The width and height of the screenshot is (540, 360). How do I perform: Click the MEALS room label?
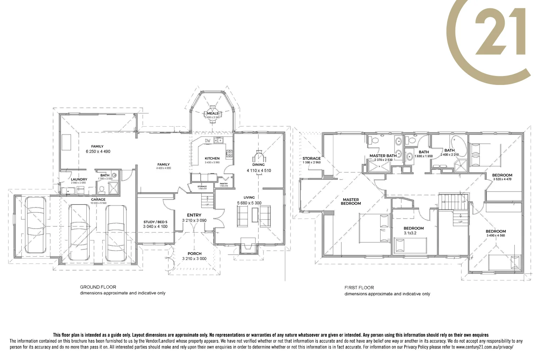tap(212, 113)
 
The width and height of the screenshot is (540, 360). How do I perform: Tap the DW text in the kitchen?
tap(208, 141)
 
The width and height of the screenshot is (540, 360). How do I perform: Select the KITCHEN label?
tap(212, 158)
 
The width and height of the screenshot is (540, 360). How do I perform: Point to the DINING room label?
tap(258, 165)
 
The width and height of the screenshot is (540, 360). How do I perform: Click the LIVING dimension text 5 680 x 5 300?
tap(249, 203)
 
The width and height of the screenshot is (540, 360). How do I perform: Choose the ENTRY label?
tap(194, 215)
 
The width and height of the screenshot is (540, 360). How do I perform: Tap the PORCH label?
tap(194, 253)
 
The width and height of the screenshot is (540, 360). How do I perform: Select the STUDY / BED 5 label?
tap(155, 222)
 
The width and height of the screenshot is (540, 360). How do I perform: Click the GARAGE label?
tap(98, 199)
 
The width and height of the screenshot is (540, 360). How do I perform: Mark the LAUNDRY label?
tap(79, 179)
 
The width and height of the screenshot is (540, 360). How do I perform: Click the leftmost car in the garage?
tap(35, 225)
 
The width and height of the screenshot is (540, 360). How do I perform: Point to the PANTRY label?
tap(224, 184)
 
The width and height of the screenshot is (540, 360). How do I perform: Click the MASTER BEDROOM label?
tap(351, 202)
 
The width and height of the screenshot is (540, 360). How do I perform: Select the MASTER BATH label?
tap(383, 156)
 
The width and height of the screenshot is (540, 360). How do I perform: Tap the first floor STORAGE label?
tap(311, 158)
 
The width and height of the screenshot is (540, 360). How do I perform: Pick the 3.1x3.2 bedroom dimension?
tap(410, 233)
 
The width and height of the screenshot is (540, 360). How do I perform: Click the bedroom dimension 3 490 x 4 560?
tap(495, 235)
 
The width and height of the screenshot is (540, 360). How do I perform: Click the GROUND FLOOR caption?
tap(98, 287)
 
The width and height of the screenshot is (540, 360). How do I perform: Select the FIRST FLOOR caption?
tap(359, 288)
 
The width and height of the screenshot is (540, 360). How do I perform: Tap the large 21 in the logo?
tap(500, 32)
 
